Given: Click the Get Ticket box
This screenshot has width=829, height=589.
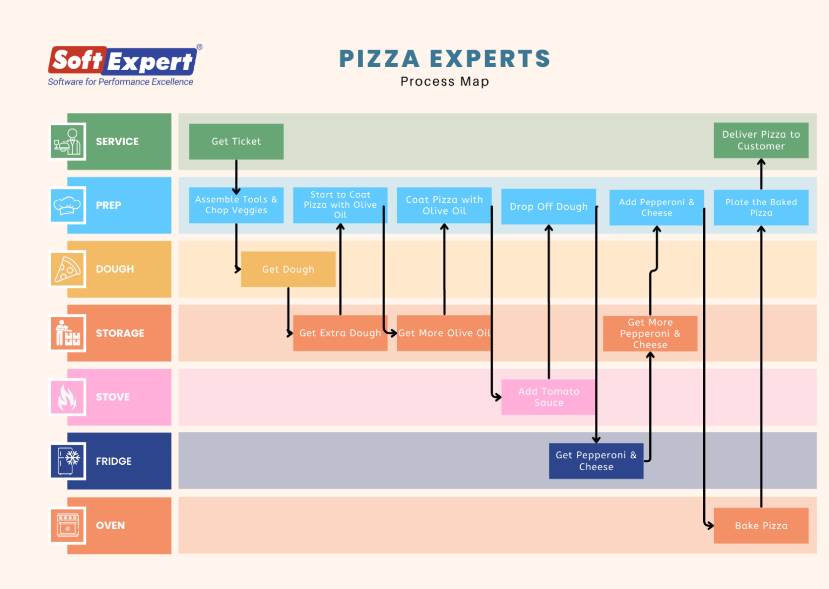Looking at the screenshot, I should pyautogui.click(x=236, y=141).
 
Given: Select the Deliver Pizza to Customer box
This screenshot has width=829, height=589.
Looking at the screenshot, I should pyautogui.click(x=761, y=140).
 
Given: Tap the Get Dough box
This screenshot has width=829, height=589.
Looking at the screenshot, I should pyautogui.click(x=288, y=269).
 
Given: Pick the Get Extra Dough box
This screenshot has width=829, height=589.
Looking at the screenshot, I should pyautogui.click(x=340, y=333).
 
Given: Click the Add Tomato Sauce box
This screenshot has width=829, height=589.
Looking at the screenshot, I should pyautogui.click(x=548, y=397).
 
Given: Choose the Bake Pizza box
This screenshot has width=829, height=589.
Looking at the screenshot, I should pyautogui.click(x=761, y=525).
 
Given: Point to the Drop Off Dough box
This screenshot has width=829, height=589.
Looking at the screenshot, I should pyautogui.click(x=548, y=206).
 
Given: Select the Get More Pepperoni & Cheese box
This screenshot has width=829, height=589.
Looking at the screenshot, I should pyautogui.click(x=650, y=333).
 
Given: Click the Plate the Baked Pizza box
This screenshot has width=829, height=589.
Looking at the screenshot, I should pyautogui.click(x=761, y=207).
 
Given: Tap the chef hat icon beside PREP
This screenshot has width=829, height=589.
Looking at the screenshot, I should pyautogui.click(x=67, y=205).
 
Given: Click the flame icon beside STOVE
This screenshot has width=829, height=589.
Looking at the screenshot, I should pyautogui.click(x=67, y=397).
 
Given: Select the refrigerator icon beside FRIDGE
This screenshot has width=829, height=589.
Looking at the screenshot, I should pyautogui.click(x=67, y=461).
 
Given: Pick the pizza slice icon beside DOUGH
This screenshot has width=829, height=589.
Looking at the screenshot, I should pyautogui.click(x=67, y=269).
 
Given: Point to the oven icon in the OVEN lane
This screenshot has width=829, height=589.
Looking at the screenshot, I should pyautogui.click(x=67, y=525).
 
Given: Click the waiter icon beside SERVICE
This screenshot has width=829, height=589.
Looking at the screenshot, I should pyautogui.click(x=67, y=141).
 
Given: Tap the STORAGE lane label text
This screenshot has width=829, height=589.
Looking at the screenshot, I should pyautogui.click(x=120, y=333).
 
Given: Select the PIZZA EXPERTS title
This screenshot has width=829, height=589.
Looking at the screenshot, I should pyautogui.click(x=444, y=58).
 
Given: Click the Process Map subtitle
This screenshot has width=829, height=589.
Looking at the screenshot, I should pyautogui.click(x=444, y=82).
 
